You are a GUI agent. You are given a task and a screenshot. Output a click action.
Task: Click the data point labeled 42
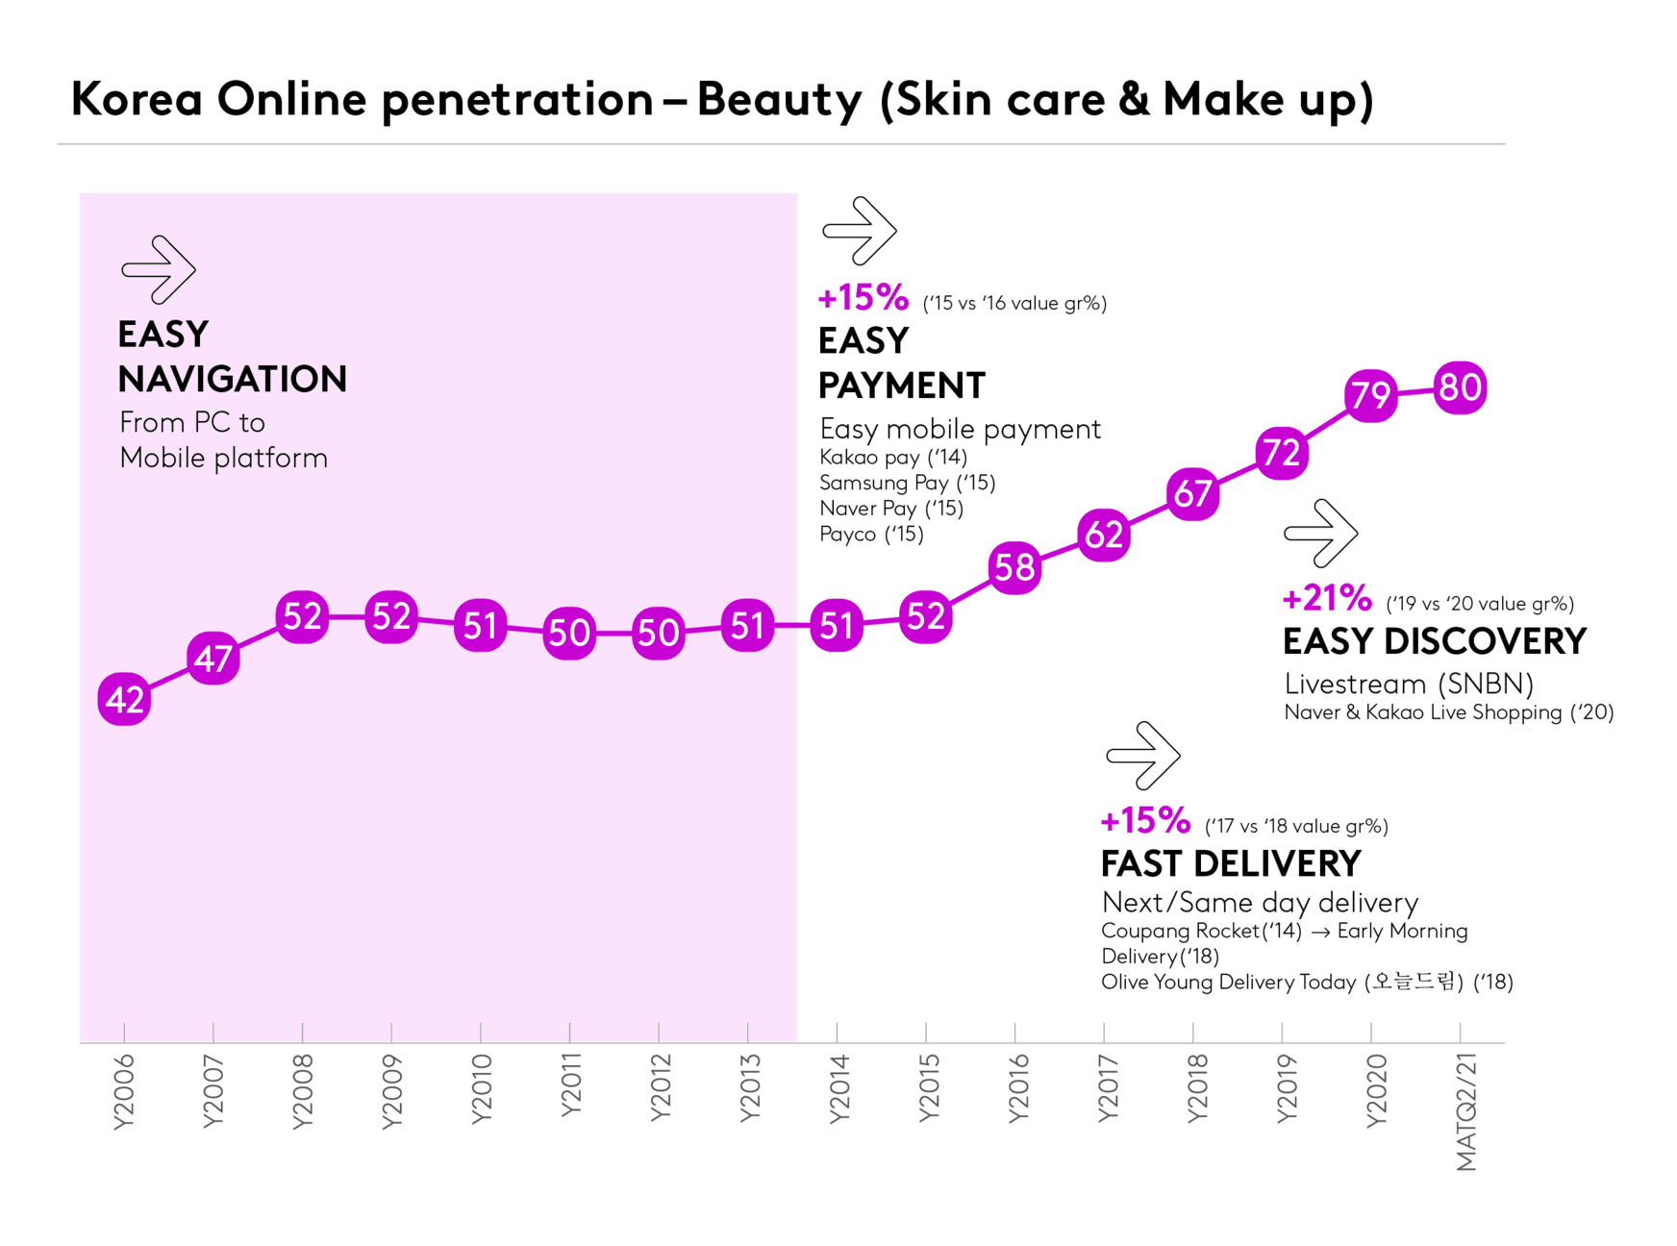124,699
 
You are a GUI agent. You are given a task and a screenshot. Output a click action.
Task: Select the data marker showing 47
213,659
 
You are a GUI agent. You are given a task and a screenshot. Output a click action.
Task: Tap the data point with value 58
1014,567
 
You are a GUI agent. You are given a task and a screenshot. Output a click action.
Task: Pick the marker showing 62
1104,535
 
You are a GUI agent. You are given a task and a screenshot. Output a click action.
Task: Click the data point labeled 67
1193,493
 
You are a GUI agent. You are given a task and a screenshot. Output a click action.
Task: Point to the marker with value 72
1282,452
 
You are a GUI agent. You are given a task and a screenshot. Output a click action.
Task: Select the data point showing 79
1371,394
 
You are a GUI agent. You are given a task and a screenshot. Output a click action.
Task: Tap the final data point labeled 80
1460,387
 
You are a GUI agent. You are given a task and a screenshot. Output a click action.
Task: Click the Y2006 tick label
124,1091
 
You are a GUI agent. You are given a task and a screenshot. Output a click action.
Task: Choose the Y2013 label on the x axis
748,1088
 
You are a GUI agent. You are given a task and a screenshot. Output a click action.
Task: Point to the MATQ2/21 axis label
1465,1111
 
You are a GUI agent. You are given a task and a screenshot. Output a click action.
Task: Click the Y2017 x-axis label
1108,1088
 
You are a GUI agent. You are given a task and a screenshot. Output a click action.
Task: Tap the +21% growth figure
1327,598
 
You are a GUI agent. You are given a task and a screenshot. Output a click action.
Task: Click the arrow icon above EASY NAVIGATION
159,269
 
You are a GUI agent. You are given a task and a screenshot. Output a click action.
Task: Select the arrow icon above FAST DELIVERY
1143,756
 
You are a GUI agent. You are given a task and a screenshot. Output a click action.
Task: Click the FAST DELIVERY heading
1231,863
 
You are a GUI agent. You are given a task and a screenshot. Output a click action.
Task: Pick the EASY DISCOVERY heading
1435,641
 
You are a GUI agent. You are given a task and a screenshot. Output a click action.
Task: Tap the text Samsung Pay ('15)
907,483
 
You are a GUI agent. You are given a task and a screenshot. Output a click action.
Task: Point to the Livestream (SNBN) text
1409,684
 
